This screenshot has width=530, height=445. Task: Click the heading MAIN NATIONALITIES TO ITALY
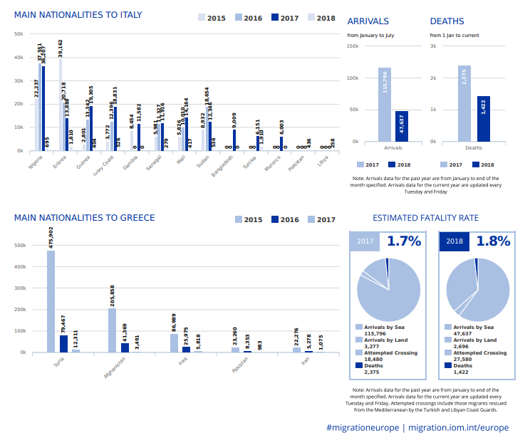(x=78, y=15)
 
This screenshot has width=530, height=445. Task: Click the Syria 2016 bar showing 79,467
(x=63, y=343)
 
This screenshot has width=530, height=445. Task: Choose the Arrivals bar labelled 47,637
(x=402, y=126)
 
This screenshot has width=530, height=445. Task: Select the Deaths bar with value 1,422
(x=483, y=119)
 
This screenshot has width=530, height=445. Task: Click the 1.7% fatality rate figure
(x=404, y=241)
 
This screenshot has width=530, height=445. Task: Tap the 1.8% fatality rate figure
(x=493, y=241)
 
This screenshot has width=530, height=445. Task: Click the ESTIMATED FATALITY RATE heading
(x=425, y=218)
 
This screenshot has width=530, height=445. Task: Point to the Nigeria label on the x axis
(x=31, y=162)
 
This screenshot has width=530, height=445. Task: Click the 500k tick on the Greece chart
(x=21, y=245)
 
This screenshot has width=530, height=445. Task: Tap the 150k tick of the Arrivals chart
(x=353, y=46)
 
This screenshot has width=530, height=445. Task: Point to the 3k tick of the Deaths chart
(x=433, y=46)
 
